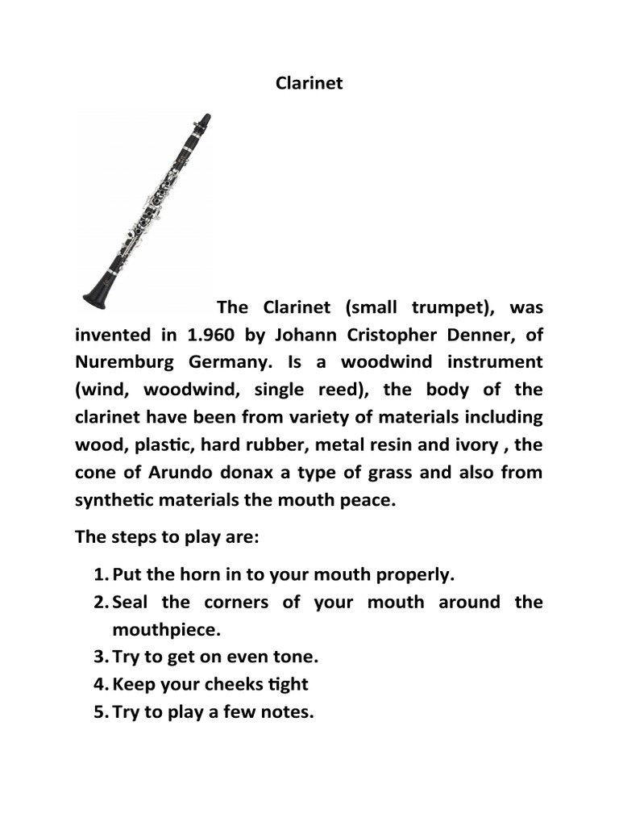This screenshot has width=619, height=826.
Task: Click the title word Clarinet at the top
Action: point(309,83)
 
